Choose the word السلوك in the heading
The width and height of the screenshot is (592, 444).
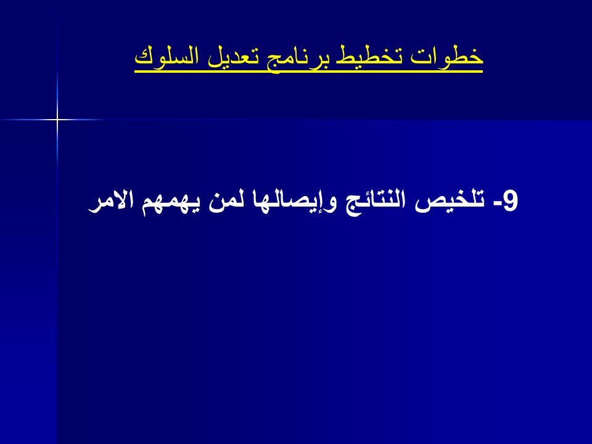point(167,55)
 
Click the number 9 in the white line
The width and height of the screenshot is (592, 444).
point(511,201)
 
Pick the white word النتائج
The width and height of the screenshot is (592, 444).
point(376,202)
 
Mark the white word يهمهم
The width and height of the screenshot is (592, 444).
point(171,205)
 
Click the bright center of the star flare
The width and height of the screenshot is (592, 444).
point(57,120)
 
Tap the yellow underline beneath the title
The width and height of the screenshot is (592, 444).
point(309,72)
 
